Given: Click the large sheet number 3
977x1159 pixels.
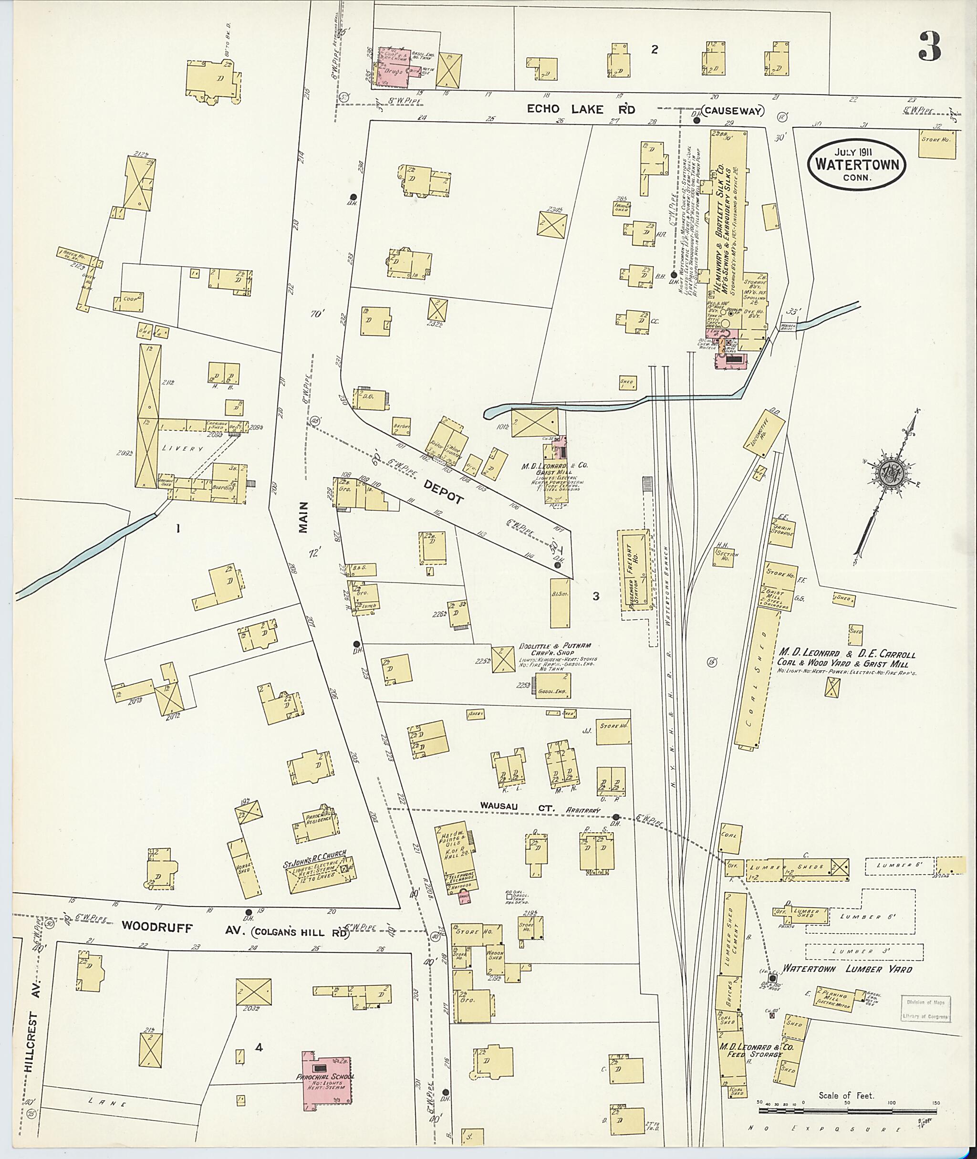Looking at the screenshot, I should click(x=930, y=47).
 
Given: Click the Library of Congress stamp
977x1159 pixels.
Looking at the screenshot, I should click(x=926, y=1009).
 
